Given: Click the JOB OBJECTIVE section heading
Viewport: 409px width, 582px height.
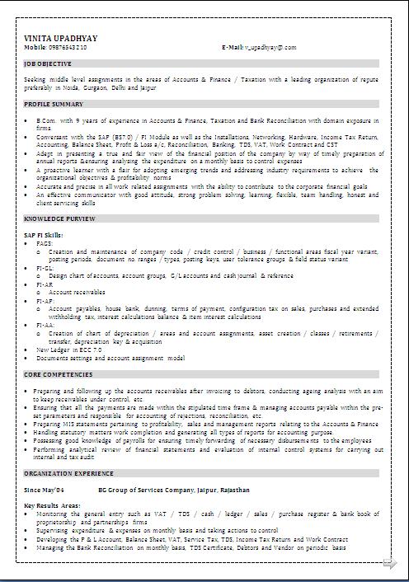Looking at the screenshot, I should (49, 63).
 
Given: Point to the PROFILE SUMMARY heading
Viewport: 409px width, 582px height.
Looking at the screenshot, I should (54, 104).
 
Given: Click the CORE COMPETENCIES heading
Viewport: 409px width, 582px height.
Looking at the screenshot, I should (58, 373).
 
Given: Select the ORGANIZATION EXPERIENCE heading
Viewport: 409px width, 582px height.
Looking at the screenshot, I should (68, 474).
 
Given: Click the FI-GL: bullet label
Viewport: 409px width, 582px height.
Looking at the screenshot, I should (45, 268).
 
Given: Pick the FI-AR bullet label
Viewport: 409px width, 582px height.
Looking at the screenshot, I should (44, 284).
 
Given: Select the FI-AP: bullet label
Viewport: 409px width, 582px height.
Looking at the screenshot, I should (45, 300).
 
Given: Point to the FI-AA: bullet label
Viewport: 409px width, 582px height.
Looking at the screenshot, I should (45, 324).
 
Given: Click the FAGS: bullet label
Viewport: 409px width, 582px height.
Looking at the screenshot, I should (45, 244).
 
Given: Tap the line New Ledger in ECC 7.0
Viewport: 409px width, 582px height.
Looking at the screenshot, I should (69, 349).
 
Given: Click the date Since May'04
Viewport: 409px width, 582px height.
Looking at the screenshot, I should (44, 490).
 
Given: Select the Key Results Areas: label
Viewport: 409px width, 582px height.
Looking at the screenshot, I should (53, 505).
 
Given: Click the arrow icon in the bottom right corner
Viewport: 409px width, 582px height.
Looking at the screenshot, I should (389, 563).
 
